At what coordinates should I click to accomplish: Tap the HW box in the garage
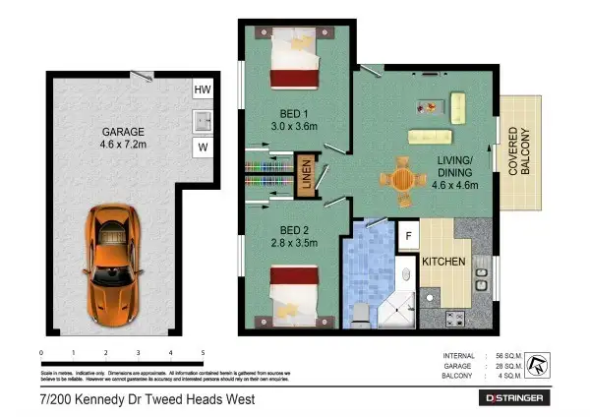(x=203, y=90)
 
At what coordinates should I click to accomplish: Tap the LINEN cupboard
(x=306, y=177)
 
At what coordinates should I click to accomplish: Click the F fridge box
(x=407, y=236)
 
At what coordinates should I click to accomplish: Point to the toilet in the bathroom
(x=361, y=313)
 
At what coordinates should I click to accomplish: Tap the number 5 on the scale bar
(x=203, y=351)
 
